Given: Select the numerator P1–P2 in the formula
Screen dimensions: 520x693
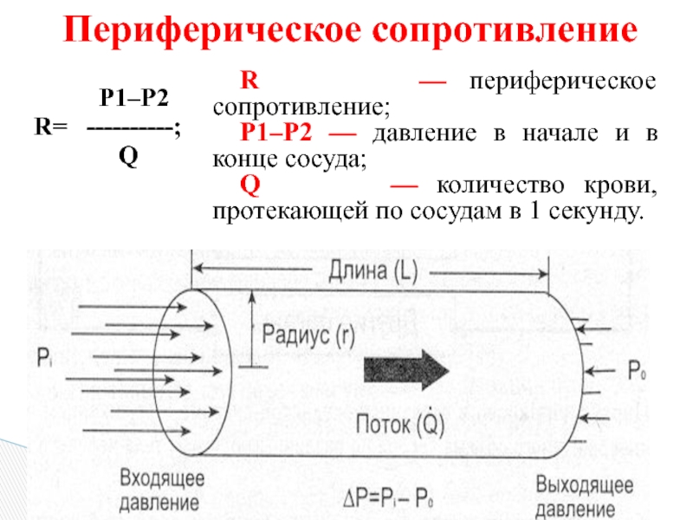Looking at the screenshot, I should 133,98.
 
